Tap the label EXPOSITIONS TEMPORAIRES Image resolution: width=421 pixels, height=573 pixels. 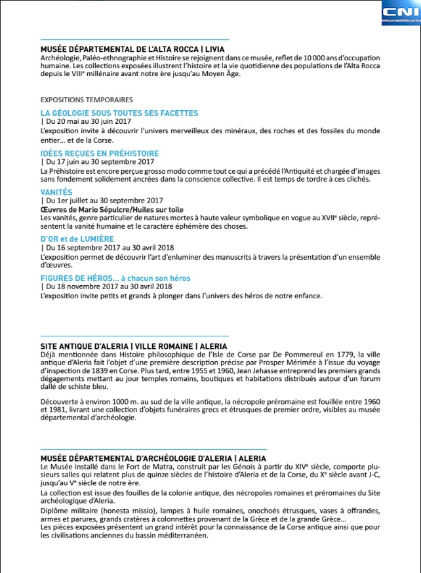pyautogui.click(x=87, y=100)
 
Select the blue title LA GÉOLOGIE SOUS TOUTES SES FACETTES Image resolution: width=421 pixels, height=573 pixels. pyautogui.click(x=119, y=113)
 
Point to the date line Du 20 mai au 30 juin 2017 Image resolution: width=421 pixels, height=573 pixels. pyautogui.click(x=87, y=122)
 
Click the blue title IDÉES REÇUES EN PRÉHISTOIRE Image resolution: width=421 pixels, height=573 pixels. pyautogui.click(x=100, y=153)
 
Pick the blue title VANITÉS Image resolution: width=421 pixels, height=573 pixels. pyautogui.click(x=56, y=192)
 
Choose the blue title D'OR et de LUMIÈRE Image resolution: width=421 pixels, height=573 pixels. pyautogui.click(x=77, y=239)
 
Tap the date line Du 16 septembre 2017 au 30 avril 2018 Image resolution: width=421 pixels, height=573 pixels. pyautogui.click(x=108, y=248)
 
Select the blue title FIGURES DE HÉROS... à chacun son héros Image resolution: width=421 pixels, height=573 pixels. pyautogui.click(x=115, y=278)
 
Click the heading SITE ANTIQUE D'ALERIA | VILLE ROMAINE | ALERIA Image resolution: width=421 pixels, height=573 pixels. pyautogui.click(x=134, y=346)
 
